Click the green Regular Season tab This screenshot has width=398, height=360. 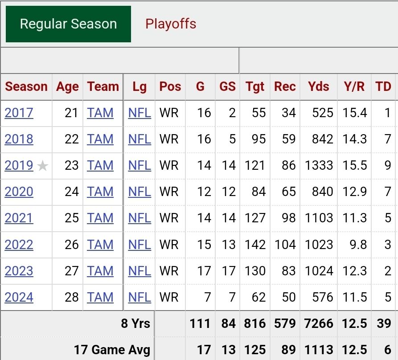tap(68, 24)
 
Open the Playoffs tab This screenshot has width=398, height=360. tap(171, 24)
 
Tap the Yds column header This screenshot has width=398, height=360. tap(318, 86)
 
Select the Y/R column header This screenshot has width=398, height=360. tap(354, 86)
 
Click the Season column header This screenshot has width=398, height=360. tap(26, 86)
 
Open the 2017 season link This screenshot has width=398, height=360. tap(19, 113)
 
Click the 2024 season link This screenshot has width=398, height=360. tap(19, 297)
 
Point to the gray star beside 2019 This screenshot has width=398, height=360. tap(43, 166)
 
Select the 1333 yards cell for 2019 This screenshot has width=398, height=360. tap(319, 165)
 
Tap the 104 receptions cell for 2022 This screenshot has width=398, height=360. tap(285, 245)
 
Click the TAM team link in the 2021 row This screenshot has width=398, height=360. tap(100, 218)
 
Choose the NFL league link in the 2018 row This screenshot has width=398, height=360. tap(140, 139)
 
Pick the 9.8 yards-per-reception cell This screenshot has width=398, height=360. tap(358, 245)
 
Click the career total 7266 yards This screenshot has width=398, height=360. tap(319, 323)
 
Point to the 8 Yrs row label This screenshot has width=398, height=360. tap(135, 323)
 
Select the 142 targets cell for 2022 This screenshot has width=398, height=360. tap(255, 245)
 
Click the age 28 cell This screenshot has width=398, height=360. tap(71, 297)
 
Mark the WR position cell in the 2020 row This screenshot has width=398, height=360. tap(169, 192)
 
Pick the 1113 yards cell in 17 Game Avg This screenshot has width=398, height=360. tap(319, 350)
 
